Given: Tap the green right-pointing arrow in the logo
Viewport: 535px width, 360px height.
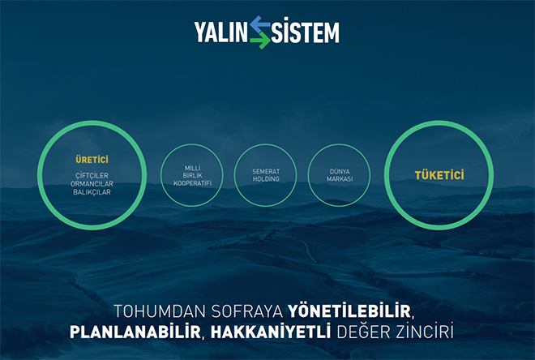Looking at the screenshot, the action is tap(260, 41).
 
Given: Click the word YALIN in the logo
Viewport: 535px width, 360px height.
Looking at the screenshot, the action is tap(220, 32).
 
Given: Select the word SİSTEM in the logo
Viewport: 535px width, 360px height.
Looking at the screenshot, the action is tap(305, 32).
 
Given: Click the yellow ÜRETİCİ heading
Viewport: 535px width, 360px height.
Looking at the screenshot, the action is tap(92, 159).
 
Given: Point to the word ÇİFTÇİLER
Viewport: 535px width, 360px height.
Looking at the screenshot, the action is tap(92, 175).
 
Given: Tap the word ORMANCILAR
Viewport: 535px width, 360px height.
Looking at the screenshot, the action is tap(92, 183).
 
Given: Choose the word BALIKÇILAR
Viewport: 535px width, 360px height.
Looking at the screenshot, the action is tap(92, 192).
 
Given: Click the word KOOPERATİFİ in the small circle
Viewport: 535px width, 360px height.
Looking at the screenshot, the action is tap(192, 183).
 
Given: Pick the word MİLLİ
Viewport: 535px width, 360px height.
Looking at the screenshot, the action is tap(192, 168).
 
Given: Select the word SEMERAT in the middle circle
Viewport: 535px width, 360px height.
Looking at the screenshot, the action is tap(266, 171).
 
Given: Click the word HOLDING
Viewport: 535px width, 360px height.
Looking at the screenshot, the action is tap(266, 179).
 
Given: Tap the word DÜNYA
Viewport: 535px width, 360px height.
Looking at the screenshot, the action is tap(340, 171).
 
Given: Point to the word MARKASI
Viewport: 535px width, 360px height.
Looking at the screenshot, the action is tap(340, 179).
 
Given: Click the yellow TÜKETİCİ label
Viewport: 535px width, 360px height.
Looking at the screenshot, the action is tap(439, 174).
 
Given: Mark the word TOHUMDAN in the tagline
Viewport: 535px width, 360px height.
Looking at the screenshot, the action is tap(160, 311).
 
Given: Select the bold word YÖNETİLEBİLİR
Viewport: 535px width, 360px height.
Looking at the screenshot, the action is tap(349, 311).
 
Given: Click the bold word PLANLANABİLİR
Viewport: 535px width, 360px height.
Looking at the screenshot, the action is tap(135, 332).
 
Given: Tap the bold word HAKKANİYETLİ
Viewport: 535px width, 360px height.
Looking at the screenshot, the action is tap(271, 332).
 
